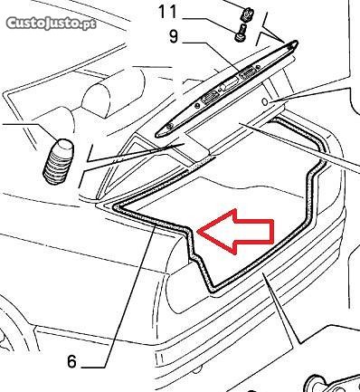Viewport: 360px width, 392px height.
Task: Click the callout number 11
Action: coord(167,12)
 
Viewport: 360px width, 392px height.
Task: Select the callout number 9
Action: coord(175,37)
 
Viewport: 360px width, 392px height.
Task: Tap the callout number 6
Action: coord(71,361)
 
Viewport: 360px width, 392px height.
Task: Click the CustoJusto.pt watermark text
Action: coord(51,24)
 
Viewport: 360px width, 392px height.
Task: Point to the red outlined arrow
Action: coord(237,231)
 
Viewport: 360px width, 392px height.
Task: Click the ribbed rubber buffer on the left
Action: coord(58,162)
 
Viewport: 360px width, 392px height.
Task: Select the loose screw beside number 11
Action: coord(241,33)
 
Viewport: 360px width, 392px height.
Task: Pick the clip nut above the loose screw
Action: coord(247,14)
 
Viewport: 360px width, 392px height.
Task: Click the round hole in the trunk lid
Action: coord(265,102)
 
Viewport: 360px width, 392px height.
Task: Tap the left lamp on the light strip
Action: coord(208,98)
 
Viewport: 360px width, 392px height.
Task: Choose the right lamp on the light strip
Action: coord(247,73)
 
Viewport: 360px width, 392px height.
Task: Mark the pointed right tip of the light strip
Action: coord(297,43)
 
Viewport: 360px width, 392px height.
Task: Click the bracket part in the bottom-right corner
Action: coord(332,383)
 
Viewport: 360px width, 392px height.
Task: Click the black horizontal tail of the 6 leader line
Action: coord(93,368)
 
